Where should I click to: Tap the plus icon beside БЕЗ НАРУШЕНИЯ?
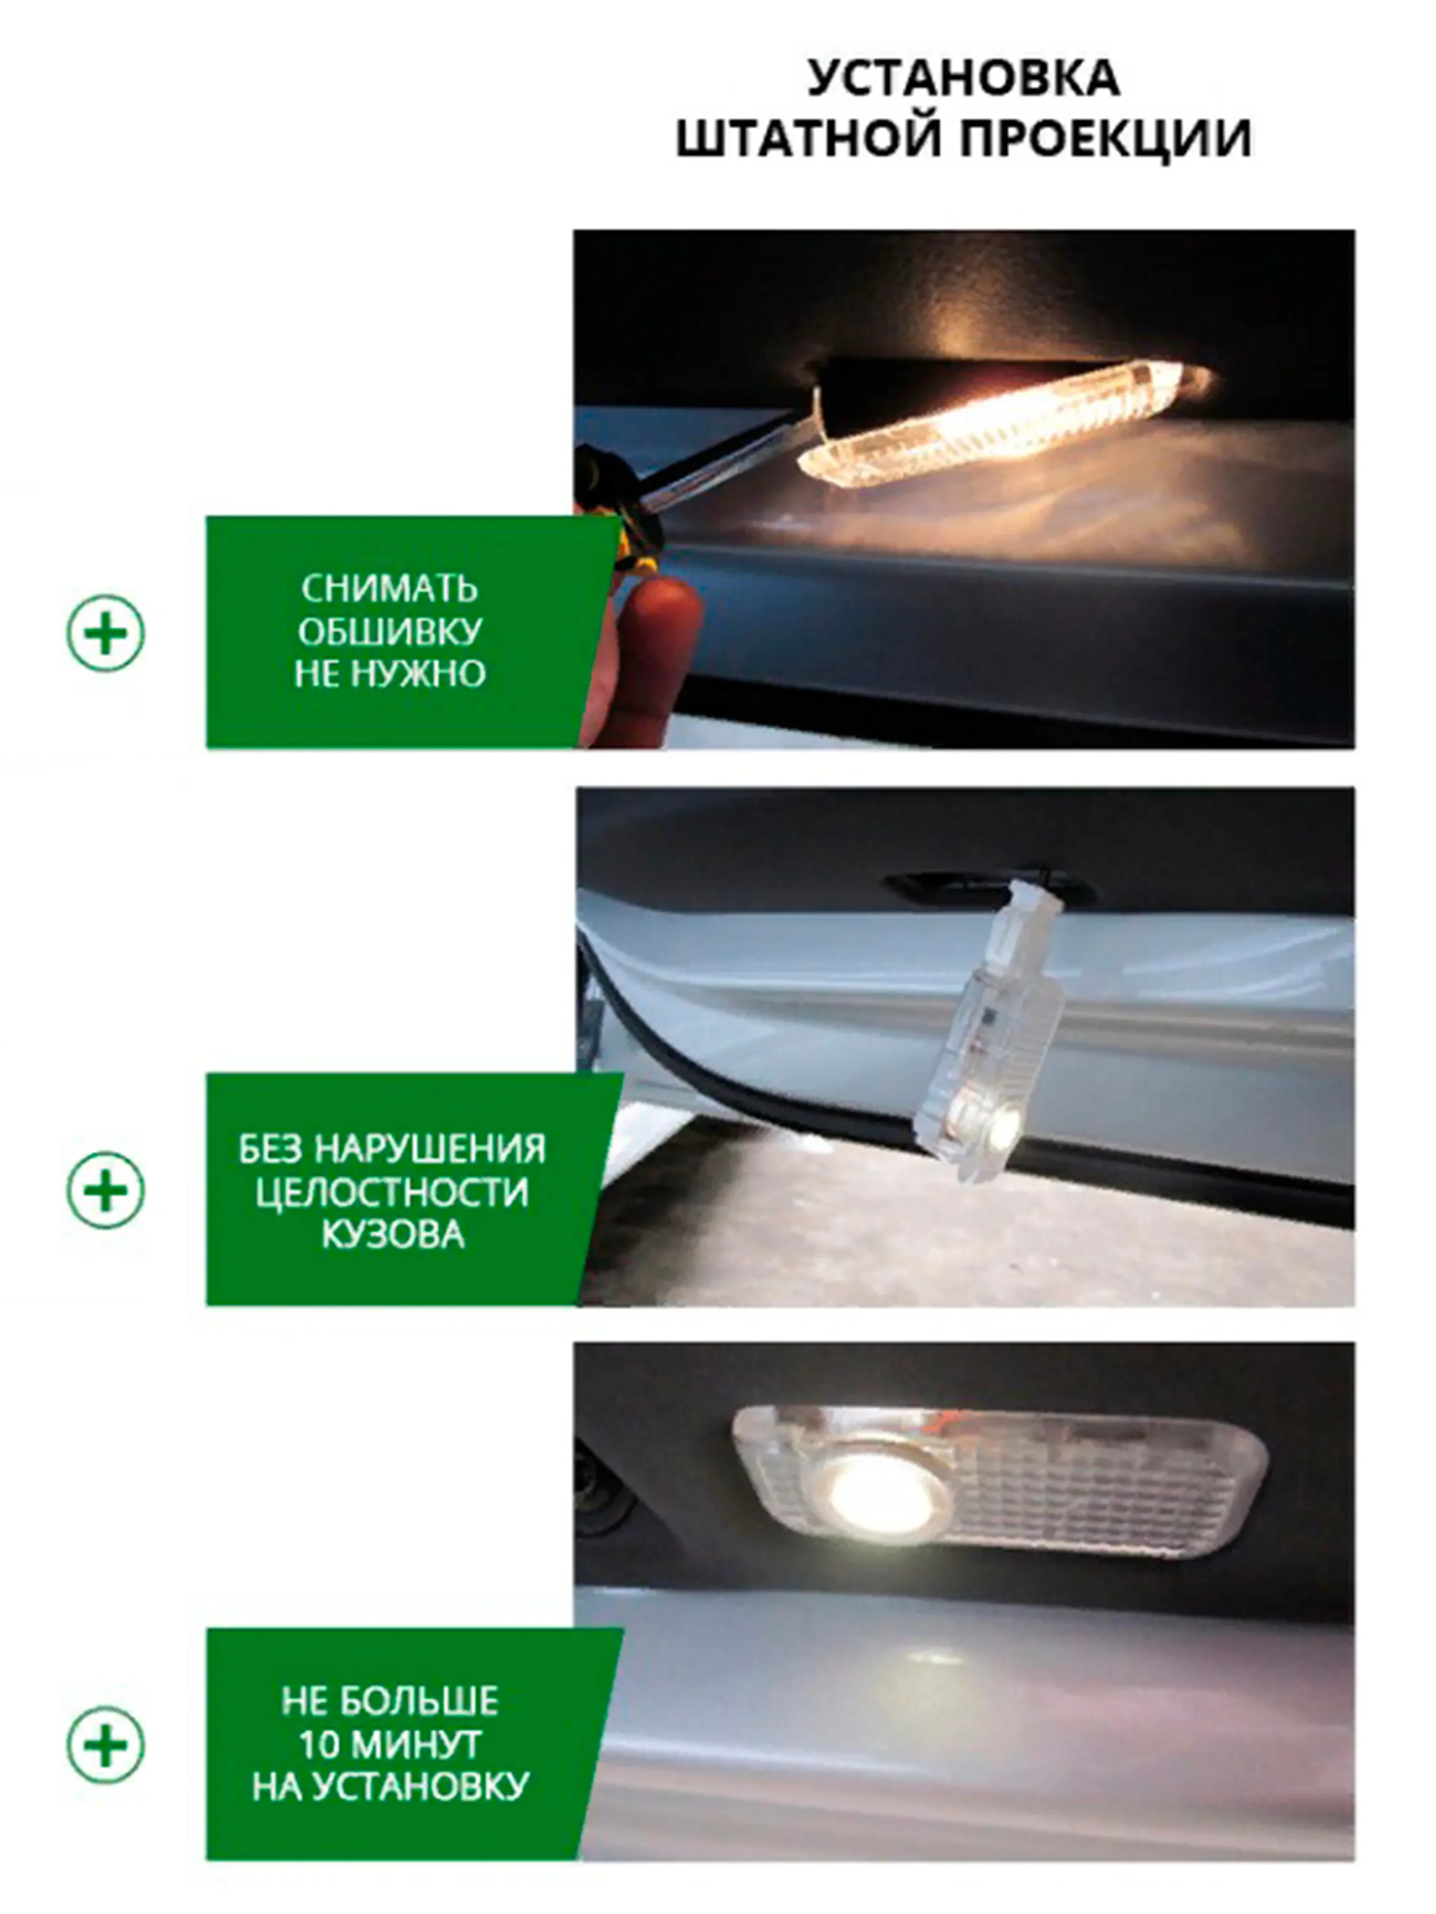105,1190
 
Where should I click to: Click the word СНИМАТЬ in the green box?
389,589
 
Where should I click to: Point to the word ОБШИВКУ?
389,632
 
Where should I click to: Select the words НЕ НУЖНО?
389,674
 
